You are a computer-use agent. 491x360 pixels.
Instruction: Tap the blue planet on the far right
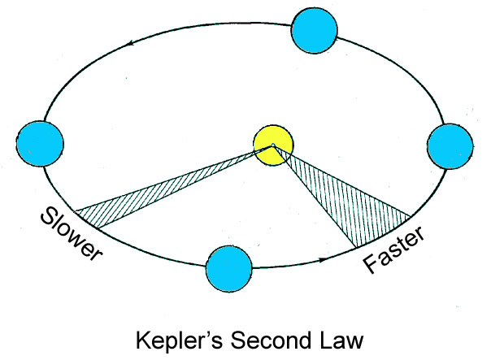pos(448,147)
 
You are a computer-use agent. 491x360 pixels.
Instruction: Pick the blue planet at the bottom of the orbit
pos(230,269)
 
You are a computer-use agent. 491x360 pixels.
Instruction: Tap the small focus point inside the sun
pos(273,146)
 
